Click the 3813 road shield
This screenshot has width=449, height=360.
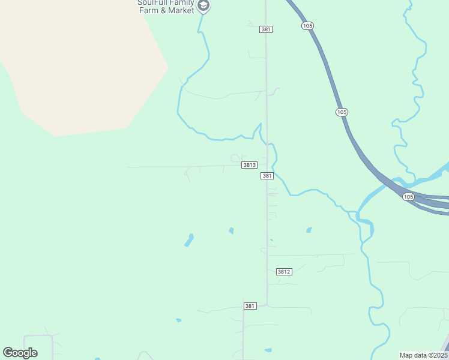tap(250, 165)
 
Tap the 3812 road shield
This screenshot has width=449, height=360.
tap(284, 272)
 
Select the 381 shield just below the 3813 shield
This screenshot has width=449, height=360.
tap(267, 176)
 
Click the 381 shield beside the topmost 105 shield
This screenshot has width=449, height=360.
tap(266, 29)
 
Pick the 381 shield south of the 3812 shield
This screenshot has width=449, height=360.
tap(250, 306)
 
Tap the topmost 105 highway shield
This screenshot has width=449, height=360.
tap(307, 26)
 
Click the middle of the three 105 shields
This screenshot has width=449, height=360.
tap(342, 112)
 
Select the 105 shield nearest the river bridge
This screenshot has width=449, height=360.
tap(408, 197)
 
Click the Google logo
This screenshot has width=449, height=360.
tap(20, 353)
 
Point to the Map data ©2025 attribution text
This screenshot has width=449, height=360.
tap(423, 355)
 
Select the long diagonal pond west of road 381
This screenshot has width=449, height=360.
tap(189, 240)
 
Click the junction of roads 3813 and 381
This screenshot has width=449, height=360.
tap(267, 166)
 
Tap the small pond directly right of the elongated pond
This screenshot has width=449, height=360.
tap(231, 230)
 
